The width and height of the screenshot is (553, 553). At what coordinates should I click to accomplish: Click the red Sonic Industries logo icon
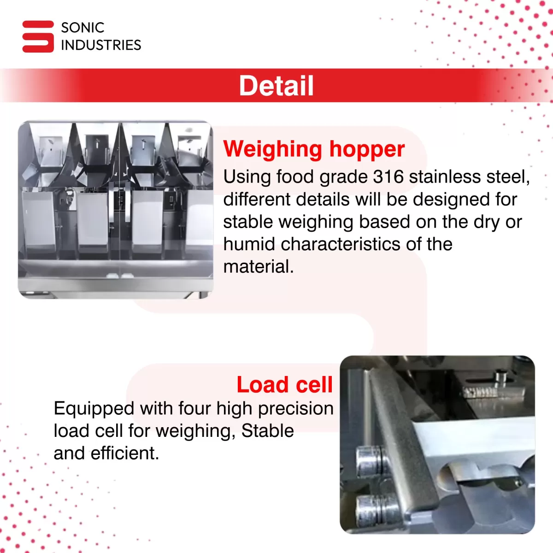tap(38, 36)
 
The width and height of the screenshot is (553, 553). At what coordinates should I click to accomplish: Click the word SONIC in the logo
tap(82, 28)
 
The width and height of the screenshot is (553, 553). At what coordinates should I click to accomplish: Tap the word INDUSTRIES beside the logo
tap(101, 45)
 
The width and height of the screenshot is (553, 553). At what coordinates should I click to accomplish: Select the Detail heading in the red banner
tap(276, 86)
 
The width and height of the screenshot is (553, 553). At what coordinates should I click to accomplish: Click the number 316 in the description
tap(388, 176)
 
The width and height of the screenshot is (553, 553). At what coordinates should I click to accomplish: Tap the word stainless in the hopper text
tap(445, 176)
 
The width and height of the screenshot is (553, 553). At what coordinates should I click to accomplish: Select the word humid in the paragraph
tap(249, 244)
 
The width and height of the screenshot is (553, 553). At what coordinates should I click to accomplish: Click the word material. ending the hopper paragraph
tap(259, 267)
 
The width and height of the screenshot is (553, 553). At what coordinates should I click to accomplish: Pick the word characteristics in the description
tap(341, 244)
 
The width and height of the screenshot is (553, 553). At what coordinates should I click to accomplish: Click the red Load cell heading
tap(285, 384)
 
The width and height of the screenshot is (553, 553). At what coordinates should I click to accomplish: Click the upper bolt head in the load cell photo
tap(370, 460)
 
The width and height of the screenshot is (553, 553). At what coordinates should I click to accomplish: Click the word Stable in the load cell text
tap(267, 431)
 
